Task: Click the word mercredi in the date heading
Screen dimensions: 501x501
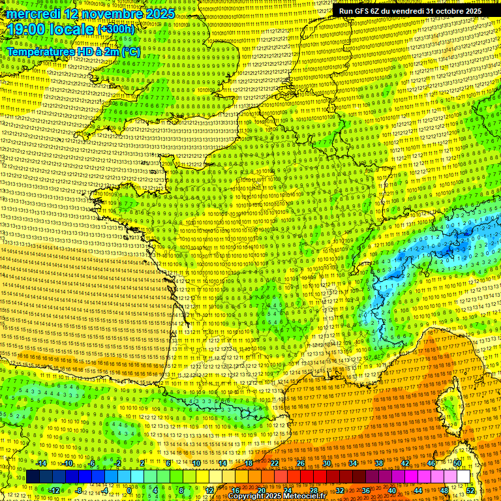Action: pos(35,14)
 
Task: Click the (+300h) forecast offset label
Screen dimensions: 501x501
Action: pos(115,29)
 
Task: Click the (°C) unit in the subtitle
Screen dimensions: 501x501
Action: pos(130,51)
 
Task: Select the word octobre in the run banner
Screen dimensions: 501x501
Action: pos(442,11)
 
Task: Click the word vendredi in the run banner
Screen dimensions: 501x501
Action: pos(405,11)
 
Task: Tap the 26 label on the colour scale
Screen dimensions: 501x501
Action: pos(301,463)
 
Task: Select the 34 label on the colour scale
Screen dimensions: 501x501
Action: pos(353,463)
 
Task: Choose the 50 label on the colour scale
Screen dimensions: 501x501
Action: pos(457,463)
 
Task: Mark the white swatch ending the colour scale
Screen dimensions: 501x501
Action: pos(464,477)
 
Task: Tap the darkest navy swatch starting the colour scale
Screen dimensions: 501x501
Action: pos(33,477)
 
